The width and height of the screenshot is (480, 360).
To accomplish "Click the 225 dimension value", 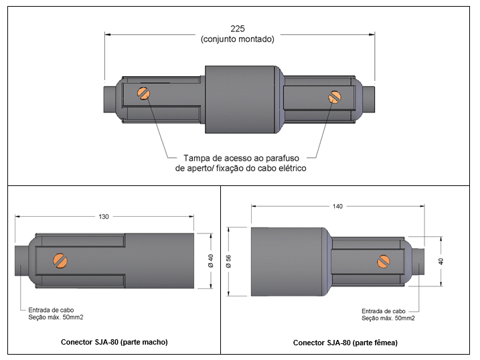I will [x=237, y=29].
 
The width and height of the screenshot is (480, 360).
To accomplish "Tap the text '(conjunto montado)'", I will [x=237, y=39].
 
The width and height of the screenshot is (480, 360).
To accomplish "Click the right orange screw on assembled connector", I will [x=335, y=97].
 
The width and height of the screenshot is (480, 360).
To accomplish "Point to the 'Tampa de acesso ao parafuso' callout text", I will [x=240, y=158].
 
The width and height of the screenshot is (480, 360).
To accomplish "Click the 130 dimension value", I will [x=103, y=216].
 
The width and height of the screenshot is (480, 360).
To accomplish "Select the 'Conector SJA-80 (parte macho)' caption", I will [x=114, y=342].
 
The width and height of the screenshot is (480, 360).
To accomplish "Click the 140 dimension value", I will [x=337, y=207].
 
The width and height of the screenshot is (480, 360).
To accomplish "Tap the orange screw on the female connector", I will [x=384, y=261].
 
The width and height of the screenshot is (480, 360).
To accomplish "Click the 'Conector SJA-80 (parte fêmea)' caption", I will [x=345, y=343].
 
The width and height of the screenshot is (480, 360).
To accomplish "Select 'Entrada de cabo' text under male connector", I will [x=50, y=310].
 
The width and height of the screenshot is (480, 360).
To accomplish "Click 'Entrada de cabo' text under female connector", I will [x=384, y=311].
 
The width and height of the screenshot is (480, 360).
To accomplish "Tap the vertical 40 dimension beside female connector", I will [x=441, y=262].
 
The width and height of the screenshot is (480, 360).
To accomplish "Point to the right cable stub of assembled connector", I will [x=369, y=99].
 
